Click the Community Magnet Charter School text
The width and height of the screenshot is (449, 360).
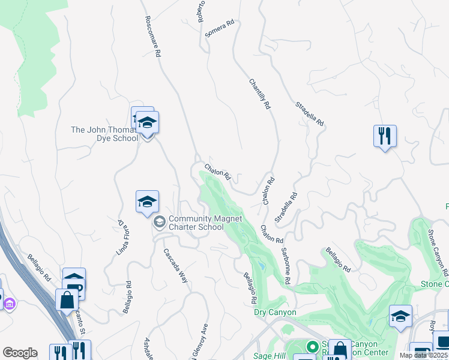(196, 223)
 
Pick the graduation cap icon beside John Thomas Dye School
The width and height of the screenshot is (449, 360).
(147, 123)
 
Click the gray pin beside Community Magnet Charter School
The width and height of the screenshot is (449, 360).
(159, 223)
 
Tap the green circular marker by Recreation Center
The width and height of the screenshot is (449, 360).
(312, 347)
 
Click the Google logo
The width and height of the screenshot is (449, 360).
(20, 353)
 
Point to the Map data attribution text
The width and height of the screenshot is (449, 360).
(423, 355)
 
